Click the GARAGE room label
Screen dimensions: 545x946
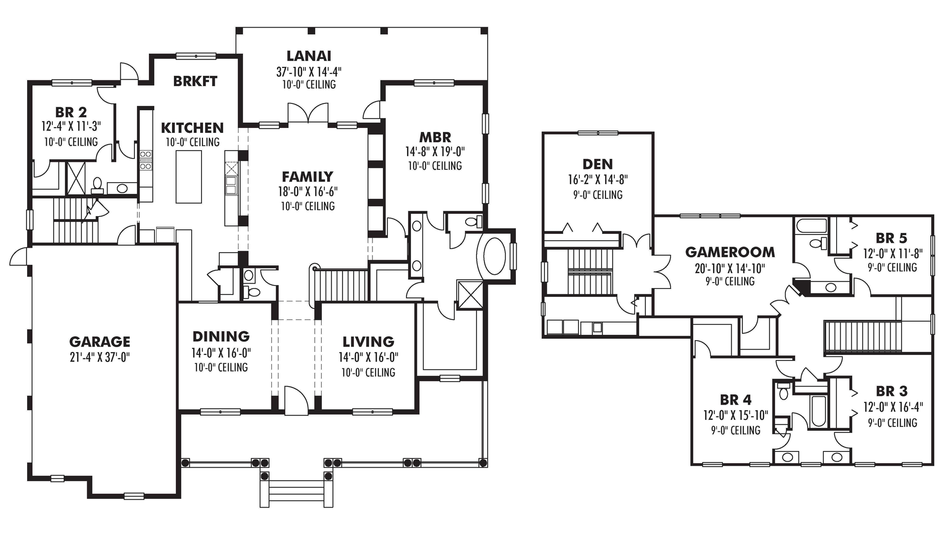pyautogui.click(x=100, y=341)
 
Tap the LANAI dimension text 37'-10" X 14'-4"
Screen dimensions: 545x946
pyautogui.click(x=308, y=72)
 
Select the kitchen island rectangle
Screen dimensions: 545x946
pyautogui.click(x=189, y=177)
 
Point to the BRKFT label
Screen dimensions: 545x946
pyautogui.click(x=195, y=81)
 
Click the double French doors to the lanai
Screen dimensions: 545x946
pyautogui.click(x=308, y=113)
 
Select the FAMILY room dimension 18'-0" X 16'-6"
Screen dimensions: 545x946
pyautogui.click(x=307, y=192)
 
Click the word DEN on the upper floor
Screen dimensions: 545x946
pyautogui.click(x=597, y=164)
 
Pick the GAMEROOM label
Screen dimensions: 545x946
pyautogui.click(x=730, y=252)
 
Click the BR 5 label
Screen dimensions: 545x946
pyautogui.click(x=891, y=238)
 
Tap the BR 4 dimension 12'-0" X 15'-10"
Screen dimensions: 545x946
pyautogui.click(x=735, y=416)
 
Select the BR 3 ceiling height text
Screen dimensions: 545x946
pyautogui.click(x=892, y=423)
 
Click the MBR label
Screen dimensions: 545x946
pyautogui.click(x=435, y=137)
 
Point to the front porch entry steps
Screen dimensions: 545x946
pyautogui.click(x=297, y=490)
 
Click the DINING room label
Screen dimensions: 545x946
pyautogui.click(x=221, y=336)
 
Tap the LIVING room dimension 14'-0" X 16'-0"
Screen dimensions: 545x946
pyautogui.click(x=368, y=357)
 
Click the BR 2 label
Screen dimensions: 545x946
pyautogui.click(x=71, y=113)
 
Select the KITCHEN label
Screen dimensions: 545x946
pyautogui.click(x=192, y=128)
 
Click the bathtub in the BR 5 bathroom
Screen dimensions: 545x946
pyautogui.click(x=811, y=227)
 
